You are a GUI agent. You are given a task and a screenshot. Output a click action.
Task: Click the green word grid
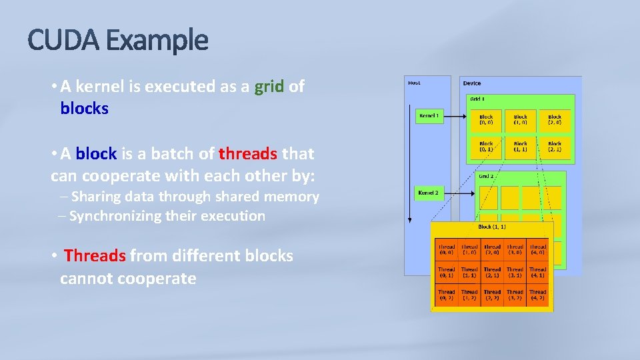pyautogui.click(x=269, y=87)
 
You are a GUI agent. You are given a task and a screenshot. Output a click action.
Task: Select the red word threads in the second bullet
pyautogui.click(x=248, y=154)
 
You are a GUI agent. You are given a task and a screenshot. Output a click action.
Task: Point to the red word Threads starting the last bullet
pyautogui.click(x=95, y=256)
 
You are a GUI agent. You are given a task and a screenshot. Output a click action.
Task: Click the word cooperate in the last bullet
pyautogui.click(x=156, y=279)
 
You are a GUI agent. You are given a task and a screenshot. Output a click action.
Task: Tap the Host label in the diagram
pyautogui.click(x=414, y=83)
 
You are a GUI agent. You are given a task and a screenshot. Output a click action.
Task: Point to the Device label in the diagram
pyautogui.click(x=472, y=83)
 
